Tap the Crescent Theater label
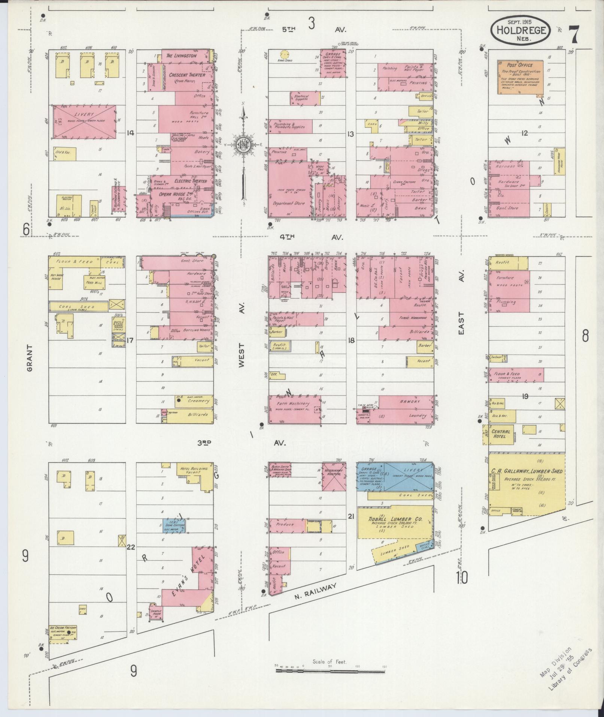(x=187, y=75)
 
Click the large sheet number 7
(x=574, y=34)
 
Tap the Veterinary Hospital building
(x=334, y=476)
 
